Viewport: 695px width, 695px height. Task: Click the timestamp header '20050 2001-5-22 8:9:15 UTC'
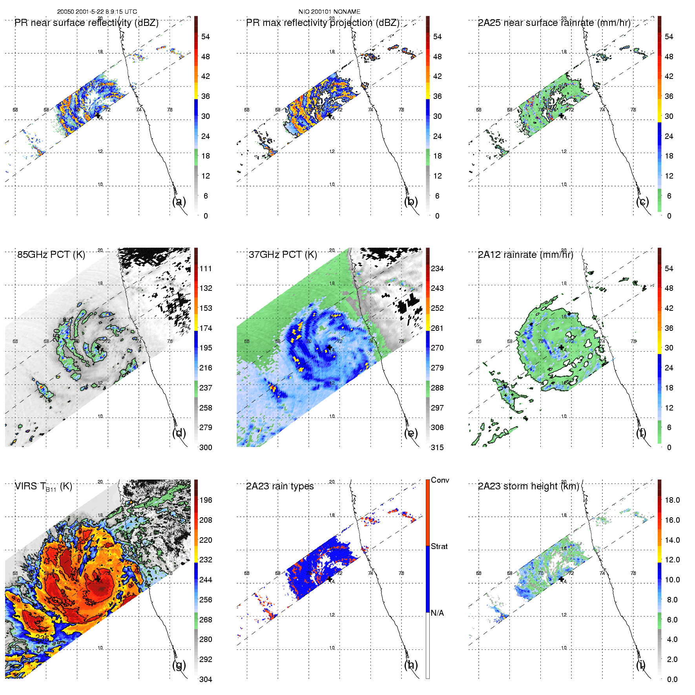(97, 12)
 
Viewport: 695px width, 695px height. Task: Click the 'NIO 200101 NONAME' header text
(329, 12)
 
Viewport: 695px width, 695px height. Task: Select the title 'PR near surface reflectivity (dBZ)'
(86, 23)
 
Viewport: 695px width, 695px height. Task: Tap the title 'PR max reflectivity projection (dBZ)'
(323, 23)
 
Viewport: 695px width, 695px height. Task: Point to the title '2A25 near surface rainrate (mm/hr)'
(554, 23)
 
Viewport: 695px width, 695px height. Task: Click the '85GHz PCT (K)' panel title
(51, 255)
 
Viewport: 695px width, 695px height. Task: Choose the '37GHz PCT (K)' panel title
(283, 255)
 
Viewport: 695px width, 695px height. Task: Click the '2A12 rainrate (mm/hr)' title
(525, 255)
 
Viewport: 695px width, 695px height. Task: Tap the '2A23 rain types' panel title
(280, 486)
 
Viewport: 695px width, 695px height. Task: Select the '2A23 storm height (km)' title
(528, 486)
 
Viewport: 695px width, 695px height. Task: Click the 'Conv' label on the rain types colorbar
(440, 480)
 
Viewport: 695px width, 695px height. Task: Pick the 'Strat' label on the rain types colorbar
(439, 547)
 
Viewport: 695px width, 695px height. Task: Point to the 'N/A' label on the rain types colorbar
(437, 613)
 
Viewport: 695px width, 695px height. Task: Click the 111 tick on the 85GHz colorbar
(206, 269)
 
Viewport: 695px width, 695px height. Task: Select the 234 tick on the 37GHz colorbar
(437, 269)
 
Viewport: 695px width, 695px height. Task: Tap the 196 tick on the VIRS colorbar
(206, 500)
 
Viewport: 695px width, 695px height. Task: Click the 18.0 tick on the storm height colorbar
(672, 500)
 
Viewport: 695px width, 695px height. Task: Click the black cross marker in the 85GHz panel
(98, 347)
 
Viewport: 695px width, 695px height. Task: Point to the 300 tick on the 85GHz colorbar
(206, 447)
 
